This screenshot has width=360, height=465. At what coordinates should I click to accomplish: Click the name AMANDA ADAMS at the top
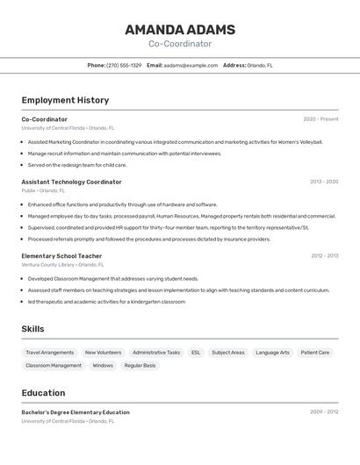tap(179, 29)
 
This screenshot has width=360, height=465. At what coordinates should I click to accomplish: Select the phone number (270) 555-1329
tap(124, 65)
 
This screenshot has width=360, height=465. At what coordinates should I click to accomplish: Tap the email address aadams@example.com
tap(191, 65)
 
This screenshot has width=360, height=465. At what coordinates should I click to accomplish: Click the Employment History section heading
tap(65, 100)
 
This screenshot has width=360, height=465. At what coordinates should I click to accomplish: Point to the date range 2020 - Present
tap(320, 119)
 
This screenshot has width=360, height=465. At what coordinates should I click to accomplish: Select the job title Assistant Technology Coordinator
tap(71, 182)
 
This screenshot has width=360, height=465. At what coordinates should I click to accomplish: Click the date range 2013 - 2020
tap(323, 182)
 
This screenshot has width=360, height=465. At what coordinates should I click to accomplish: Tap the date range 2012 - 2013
tap(324, 256)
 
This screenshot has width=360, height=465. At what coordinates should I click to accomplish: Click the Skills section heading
tap(32, 329)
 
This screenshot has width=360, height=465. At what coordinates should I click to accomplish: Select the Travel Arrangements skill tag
tap(49, 353)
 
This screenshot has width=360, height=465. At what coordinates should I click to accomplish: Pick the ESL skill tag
tap(196, 353)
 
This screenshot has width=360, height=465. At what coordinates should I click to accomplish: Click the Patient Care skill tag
tap(315, 353)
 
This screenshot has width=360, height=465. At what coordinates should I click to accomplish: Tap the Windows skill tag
tap(103, 365)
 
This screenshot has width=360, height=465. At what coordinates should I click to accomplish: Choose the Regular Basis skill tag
tap(140, 365)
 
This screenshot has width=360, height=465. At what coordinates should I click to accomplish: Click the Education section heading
tap(43, 393)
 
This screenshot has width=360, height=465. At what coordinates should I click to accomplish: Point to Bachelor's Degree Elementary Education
tap(76, 412)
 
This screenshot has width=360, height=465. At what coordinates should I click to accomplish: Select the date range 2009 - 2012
tap(324, 411)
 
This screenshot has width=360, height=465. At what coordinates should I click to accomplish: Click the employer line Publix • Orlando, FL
tap(43, 190)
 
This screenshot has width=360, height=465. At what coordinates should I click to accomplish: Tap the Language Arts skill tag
tap(272, 353)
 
